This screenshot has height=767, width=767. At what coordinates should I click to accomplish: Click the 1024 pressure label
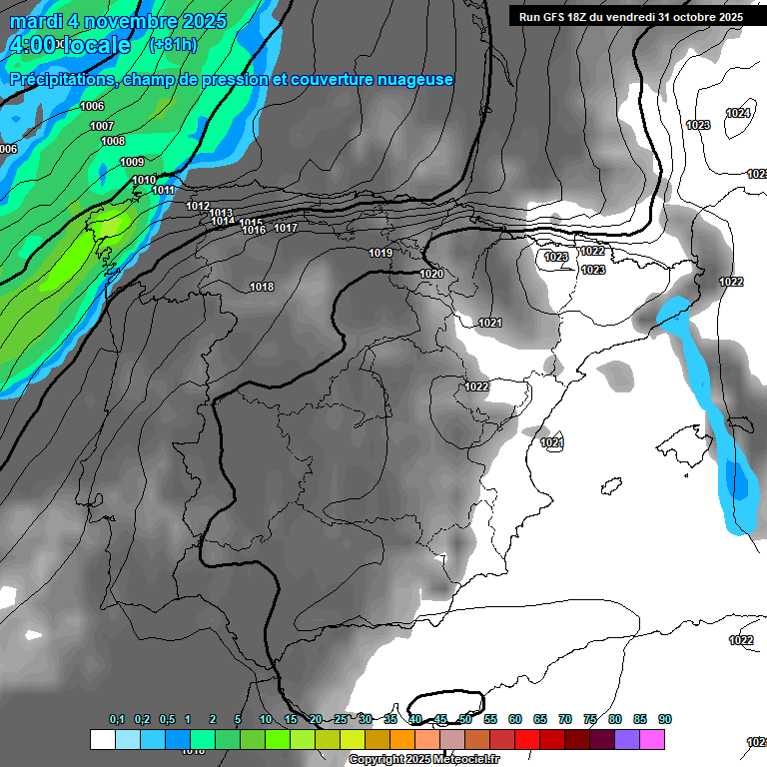[x=738, y=113]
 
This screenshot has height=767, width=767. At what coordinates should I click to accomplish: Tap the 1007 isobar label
[x=102, y=126]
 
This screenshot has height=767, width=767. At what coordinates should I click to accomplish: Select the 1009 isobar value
[x=132, y=162]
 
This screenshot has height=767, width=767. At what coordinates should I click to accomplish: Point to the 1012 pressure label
[x=198, y=206]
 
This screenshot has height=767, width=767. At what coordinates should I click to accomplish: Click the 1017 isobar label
[x=286, y=228]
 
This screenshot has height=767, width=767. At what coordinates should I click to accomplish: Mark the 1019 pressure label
[x=381, y=253]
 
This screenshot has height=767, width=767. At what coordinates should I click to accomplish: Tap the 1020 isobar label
[x=431, y=274]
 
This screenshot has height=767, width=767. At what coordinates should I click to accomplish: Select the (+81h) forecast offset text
[x=173, y=45]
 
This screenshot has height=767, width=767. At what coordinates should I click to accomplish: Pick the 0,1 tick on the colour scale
[x=117, y=719]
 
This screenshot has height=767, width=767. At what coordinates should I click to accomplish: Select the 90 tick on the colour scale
[x=665, y=719]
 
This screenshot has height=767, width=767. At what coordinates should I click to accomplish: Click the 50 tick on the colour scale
[x=465, y=719]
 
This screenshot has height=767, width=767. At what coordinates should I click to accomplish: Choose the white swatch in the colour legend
[x=102, y=739]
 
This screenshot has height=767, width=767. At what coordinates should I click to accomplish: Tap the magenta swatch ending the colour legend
[x=652, y=739]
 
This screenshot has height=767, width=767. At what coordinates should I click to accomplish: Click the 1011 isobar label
[x=164, y=190]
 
